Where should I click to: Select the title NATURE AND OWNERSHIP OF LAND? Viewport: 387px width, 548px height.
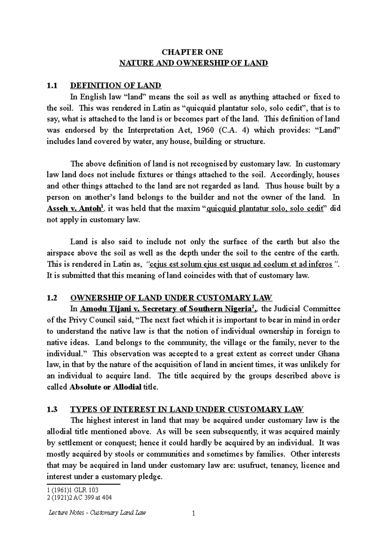coord(193,63)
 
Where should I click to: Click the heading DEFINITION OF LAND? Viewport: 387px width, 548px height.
coord(115,86)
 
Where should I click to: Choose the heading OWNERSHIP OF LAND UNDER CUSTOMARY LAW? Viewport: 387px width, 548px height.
coord(171,298)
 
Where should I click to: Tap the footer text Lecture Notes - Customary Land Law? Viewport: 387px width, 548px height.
coord(96,512)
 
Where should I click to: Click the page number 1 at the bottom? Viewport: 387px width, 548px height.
coord(193,513)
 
